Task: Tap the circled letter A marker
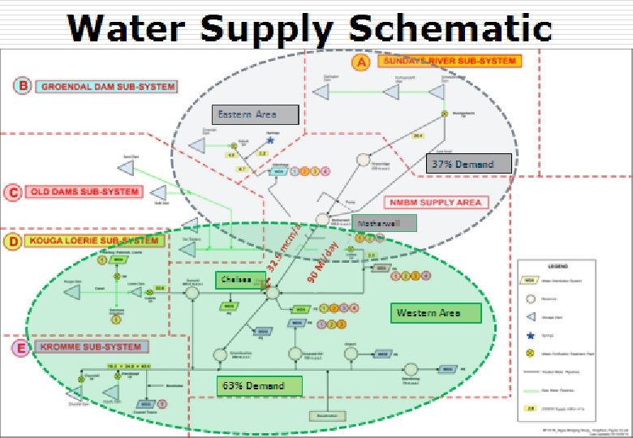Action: [x=363, y=62]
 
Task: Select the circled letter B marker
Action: [x=24, y=86]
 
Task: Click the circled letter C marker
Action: [x=12, y=192]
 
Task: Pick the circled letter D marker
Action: [x=13, y=241]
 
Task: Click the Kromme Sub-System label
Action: [x=92, y=347]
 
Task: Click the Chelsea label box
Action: [x=236, y=279]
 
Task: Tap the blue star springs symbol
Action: [x=270, y=140]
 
